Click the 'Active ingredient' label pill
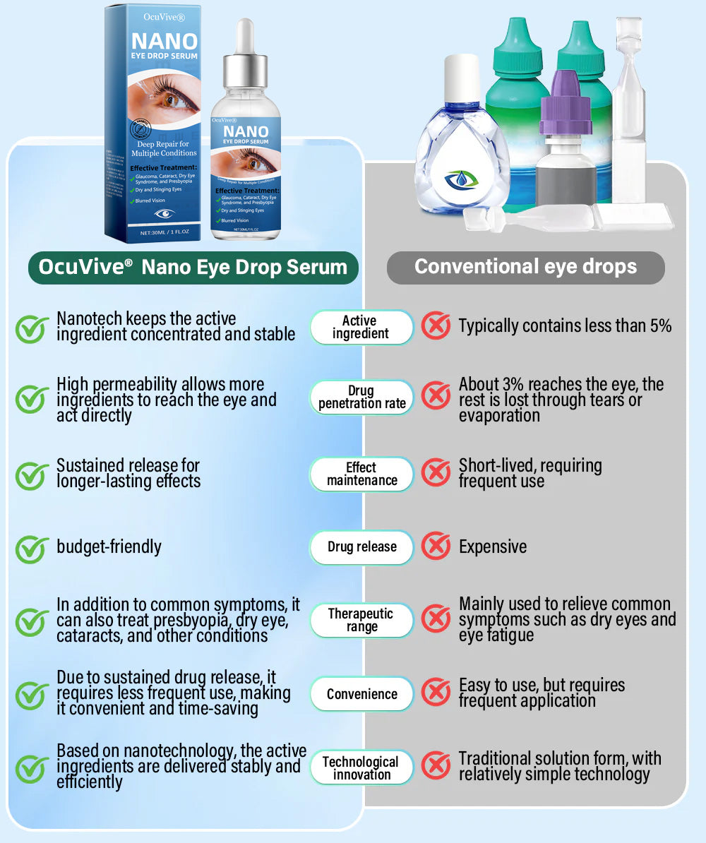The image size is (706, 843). tap(361, 327)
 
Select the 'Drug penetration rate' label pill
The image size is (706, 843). tap(361, 397)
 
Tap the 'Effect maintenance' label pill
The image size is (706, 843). tap(361, 474)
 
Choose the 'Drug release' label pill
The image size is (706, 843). tap(361, 547)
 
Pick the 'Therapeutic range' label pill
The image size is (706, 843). tap(361, 620)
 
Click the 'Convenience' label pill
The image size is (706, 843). tap(361, 694)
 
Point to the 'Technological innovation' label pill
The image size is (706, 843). tap(361, 767)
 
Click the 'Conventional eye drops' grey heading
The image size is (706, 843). tap(525, 267)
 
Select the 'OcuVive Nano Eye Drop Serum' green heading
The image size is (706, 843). tap(193, 267)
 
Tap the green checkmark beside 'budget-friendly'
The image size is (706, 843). tap(32, 549)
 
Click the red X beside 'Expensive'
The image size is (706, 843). tap(436, 546)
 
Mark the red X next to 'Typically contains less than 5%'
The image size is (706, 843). tap(436, 325)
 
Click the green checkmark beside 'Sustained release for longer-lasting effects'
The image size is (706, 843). tap(32, 475)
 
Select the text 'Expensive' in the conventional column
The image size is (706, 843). tap(493, 547)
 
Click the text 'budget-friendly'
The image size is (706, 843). tap(109, 547)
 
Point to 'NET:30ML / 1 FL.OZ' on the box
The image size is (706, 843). tap(164, 232)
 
